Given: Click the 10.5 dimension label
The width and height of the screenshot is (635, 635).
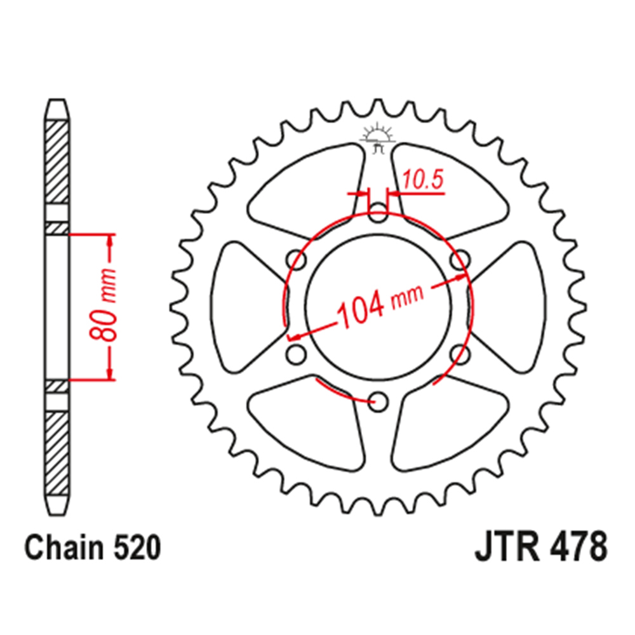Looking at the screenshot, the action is point(423,180).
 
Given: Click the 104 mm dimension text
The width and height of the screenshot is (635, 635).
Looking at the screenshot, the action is point(380,305).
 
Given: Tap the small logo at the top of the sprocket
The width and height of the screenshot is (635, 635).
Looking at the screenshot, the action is point(377,137).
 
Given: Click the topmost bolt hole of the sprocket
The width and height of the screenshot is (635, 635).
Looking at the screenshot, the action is point(378,212).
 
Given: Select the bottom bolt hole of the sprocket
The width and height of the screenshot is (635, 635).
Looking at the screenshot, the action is point(378,402).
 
